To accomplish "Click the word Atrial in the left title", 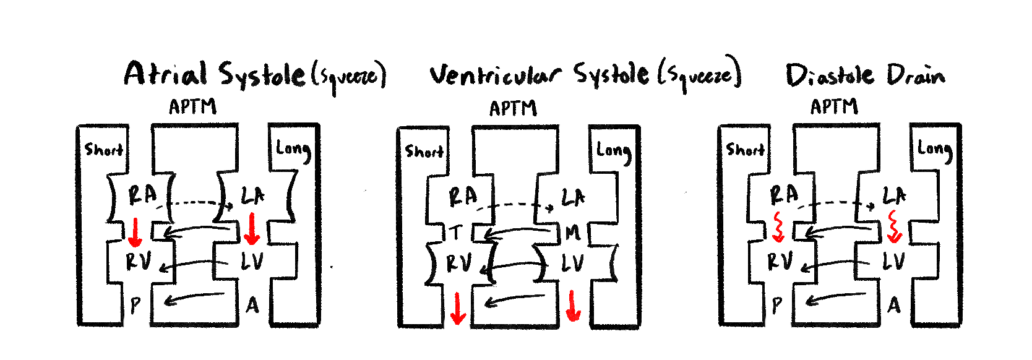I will pyautogui.click(x=165, y=74).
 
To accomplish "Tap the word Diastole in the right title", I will pyautogui.click(x=830, y=75).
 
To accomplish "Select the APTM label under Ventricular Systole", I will pyautogui.click(x=513, y=109).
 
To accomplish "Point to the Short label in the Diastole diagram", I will pyautogui.click(x=745, y=150).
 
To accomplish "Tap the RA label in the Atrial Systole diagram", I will pyautogui.click(x=142, y=195).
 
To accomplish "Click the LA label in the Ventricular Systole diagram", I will pyautogui.click(x=573, y=198).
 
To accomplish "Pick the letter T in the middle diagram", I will pyautogui.click(x=456, y=233).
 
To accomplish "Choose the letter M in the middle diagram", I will pyautogui.click(x=572, y=233).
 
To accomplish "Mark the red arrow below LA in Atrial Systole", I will pyautogui.click(x=251, y=228).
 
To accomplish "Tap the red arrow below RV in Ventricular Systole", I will pyautogui.click(x=458, y=309).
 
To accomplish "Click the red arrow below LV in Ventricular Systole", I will pyautogui.click(x=574, y=306).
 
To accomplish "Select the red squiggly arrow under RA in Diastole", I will pyautogui.click(x=778, y=227).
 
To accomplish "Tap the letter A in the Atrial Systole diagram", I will pyautogui.click(x=252, y=305).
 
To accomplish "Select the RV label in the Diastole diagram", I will pyautogui.click(x=780, y=262).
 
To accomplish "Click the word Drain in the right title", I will pyautogui.click(x=916, y=75).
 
